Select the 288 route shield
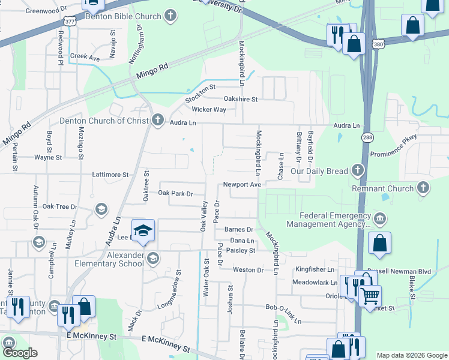[x=366, y=137]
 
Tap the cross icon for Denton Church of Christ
[x=158, y=121]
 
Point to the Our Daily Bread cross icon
[x=358, y=171]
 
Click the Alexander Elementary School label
[x=109, y=259]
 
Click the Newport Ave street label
[x=242, y=185]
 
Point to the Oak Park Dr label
[x=175, y=194]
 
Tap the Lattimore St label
[x=110, y=175]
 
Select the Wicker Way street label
[x=209, y=110]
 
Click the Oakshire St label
[x=240, y=99]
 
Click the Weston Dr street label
[x=248, y=270]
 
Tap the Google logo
[x=20, y=352]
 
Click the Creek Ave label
[x=85, y=58]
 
